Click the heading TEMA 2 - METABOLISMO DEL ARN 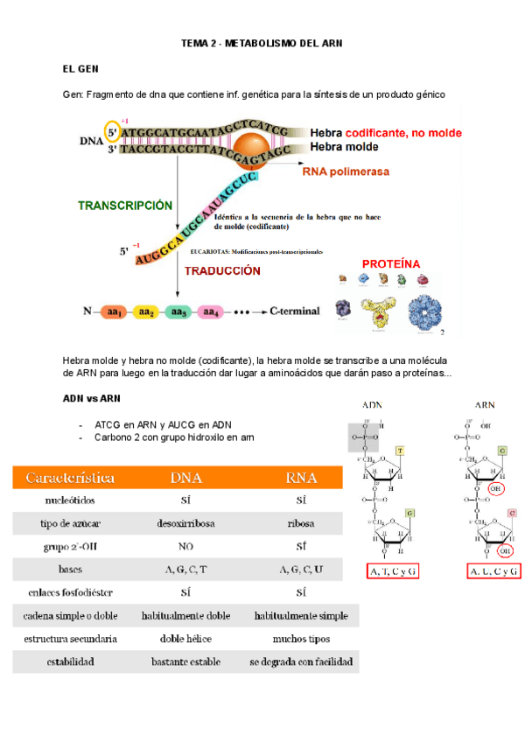(x=262, y=42)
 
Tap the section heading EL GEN (x=80, y=68)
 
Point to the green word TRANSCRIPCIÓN (x=125, y=205)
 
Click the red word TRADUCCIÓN (x=222, y=270)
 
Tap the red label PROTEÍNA (x=391, y=263)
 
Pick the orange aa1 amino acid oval (x=113, y=311)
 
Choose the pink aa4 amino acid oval (x=210, y=311)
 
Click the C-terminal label (x=294, y=311)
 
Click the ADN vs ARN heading (x=91, y=398)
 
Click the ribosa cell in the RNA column (x=300, y=523)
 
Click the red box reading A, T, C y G (x=393, y=571)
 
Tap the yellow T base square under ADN (x=400, y=451)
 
